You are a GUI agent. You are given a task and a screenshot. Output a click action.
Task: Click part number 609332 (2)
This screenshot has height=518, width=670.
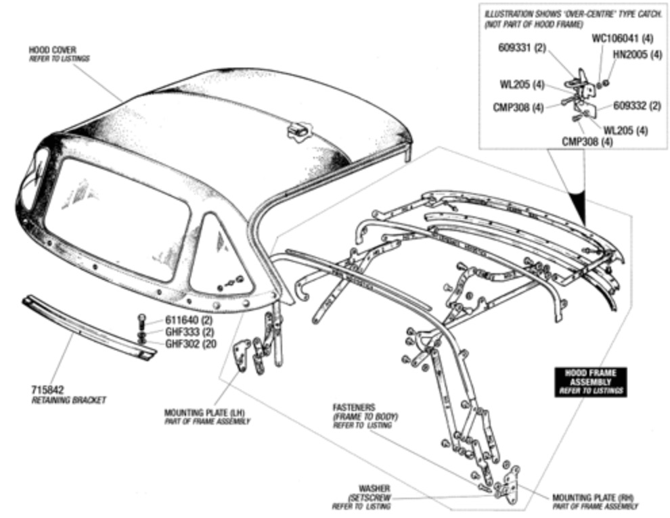637,105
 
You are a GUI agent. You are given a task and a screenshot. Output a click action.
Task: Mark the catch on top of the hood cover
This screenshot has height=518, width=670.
297,130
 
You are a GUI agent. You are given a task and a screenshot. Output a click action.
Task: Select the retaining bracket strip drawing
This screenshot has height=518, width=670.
88,327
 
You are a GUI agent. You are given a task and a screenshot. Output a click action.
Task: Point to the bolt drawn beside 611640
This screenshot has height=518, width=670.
142,319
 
